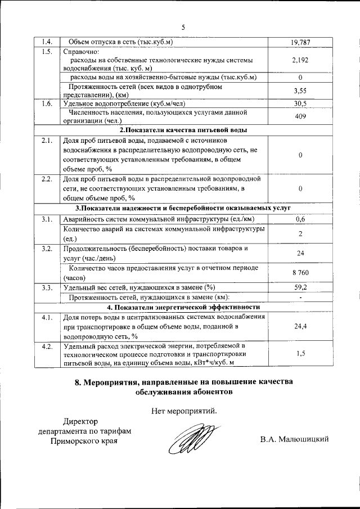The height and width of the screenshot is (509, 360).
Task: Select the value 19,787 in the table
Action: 300,42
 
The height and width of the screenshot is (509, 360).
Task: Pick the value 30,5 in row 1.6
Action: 300,103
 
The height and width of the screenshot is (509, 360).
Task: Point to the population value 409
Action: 300,116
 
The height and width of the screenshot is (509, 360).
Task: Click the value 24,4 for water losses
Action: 300,326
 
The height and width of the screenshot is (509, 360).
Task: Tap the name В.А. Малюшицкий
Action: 294,439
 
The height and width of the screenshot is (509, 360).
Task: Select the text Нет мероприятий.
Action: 184,410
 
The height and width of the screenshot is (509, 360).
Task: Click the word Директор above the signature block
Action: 80,421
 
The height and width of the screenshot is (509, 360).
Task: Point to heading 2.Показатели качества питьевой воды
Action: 184,130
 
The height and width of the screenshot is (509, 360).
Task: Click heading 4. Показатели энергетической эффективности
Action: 184,307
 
